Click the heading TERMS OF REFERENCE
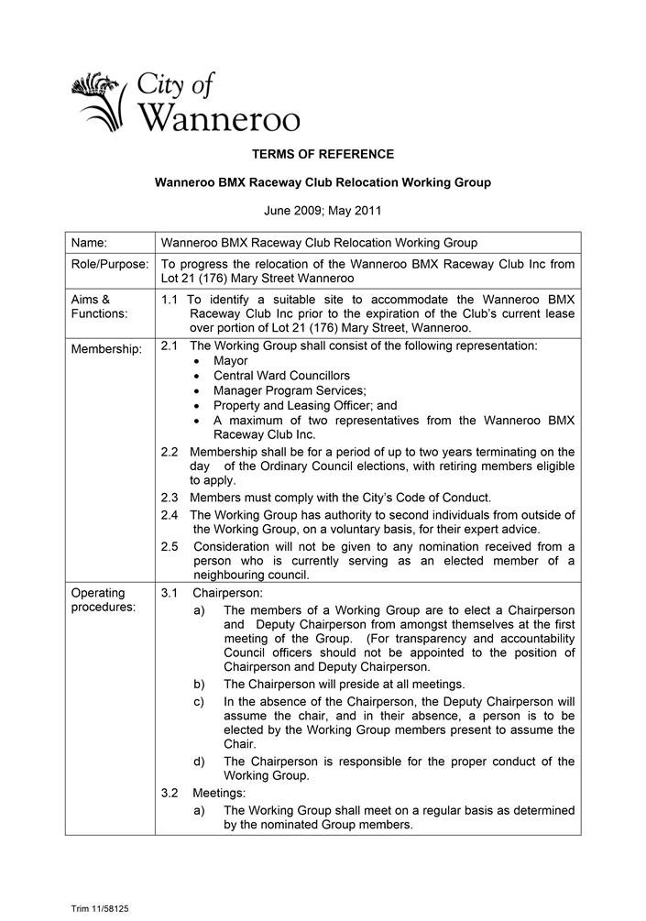(x=323, y=154)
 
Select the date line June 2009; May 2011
(x=323, y=211)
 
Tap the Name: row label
(x=89, y=243)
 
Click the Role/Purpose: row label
(x=110, y=264)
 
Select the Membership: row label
(x=106, y=349)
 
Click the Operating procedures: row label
(x=103, y=599)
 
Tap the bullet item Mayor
(x=230, y=361)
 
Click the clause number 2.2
(x=170, y=452)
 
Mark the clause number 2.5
(x=170, y=547)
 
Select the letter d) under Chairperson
(x=199, y=762)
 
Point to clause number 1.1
(x=170, y=300)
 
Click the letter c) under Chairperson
(x=199, y=702)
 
